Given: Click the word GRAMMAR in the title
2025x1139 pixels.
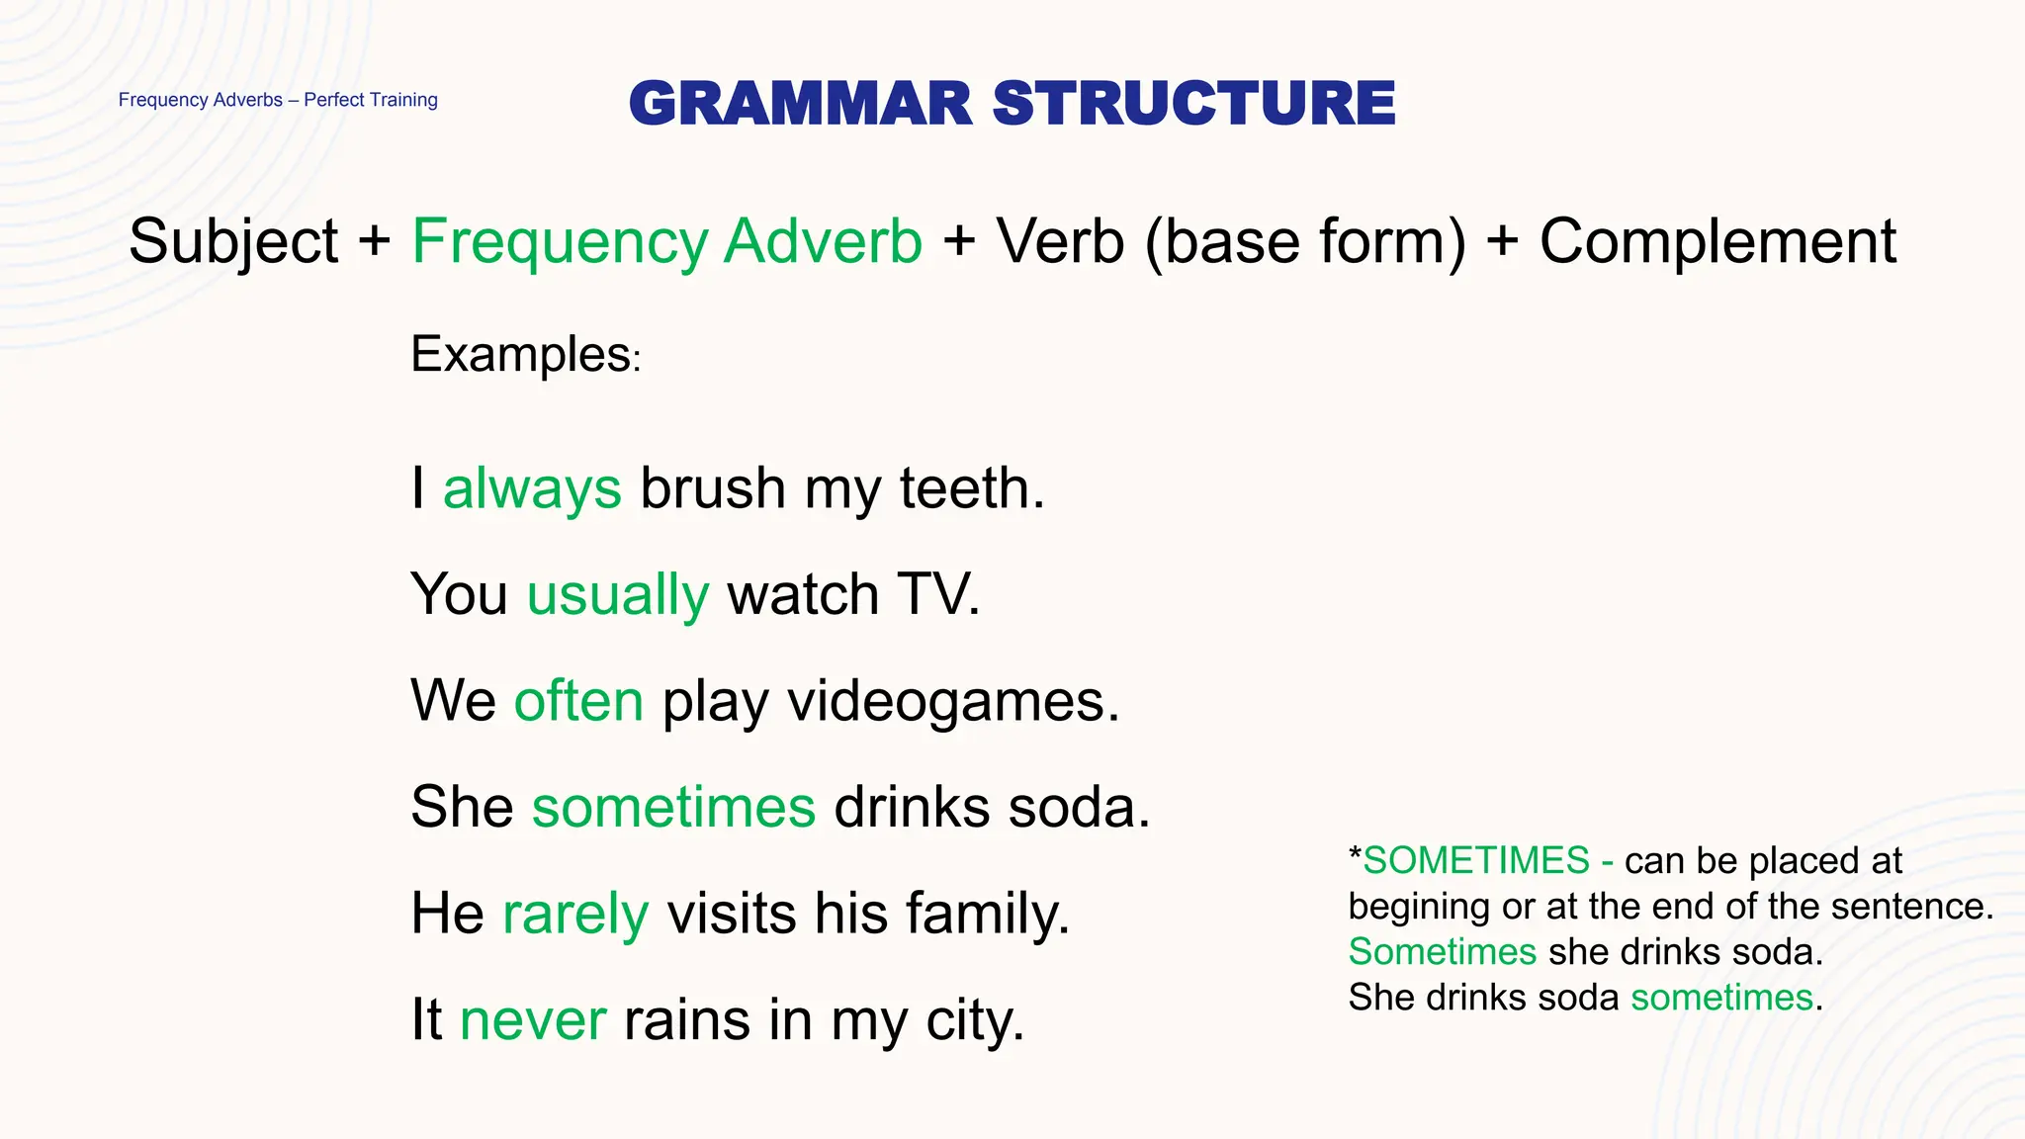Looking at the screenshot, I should tap(801, 104).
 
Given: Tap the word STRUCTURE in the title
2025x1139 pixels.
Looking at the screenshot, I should tap(1193, 104).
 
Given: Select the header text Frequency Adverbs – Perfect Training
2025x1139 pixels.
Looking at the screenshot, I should tap(278, 100).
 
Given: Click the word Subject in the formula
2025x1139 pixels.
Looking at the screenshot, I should tap(233, 241).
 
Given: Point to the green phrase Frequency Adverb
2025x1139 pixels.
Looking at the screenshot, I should tap(667, 241).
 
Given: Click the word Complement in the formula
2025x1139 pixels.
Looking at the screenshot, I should tap(1717, 241).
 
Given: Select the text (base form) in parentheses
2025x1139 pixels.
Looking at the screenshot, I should tap(1305, 241).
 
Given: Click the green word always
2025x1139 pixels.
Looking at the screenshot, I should tap(532, 488).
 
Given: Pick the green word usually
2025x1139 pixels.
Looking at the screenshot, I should tap(618, 595).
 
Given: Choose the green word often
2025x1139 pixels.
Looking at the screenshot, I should tap(578, 701).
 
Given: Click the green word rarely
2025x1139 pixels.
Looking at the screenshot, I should tap(575, 913).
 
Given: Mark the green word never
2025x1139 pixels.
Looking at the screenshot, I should tap(533, 1019).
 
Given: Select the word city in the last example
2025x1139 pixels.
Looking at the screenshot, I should tap(973, 1019).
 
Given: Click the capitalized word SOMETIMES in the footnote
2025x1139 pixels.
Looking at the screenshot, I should tap(1476, 861).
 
